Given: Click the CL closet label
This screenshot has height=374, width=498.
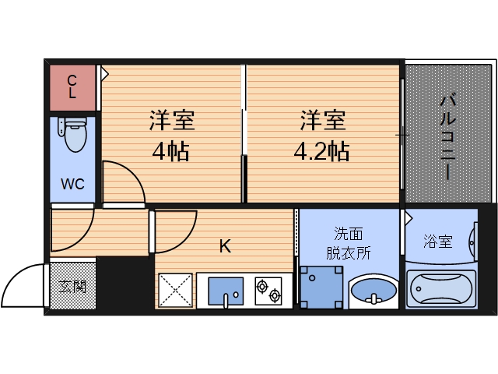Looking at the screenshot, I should click(x=72, y=86).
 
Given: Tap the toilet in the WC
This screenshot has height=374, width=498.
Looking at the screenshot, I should click(x=74, y=135).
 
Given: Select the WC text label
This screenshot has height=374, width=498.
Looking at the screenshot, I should click(x=72, y=185).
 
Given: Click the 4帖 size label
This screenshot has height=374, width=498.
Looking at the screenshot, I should click(x=171, y=150).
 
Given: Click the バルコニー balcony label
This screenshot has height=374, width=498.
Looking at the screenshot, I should click(x=447, y=136).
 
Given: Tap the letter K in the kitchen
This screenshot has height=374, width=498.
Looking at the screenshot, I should click(x=224, y=247).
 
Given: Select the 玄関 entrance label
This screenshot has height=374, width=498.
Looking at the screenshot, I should click(x=73, y=285).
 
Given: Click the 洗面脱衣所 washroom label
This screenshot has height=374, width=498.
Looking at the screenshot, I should click(x=349, y=242).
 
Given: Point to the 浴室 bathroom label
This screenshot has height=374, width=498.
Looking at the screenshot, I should click(x=437, y=242).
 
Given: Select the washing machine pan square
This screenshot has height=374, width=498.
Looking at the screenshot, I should click(x=321, y=288).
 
